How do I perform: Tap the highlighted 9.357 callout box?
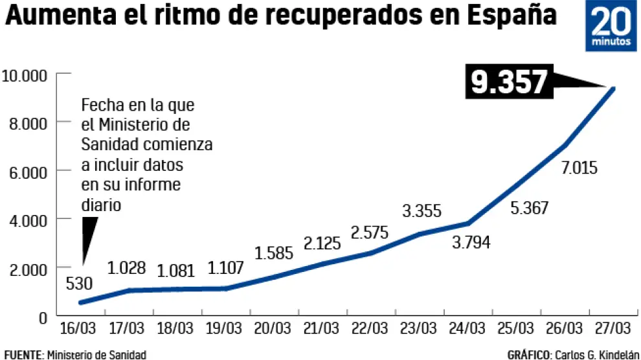coord(510,84)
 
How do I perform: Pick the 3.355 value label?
coord(422,210)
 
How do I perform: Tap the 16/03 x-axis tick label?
coord(78,326)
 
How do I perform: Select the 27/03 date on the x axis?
coord(609,326)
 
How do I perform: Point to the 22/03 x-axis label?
coord(367,326)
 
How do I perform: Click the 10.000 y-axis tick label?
coord(25,75)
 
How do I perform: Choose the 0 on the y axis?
coord(43,317)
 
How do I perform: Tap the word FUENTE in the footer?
coord(23,354)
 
